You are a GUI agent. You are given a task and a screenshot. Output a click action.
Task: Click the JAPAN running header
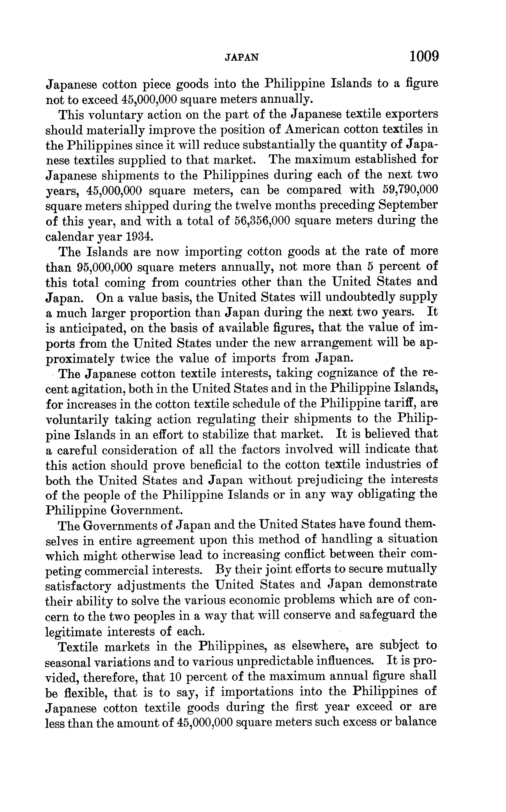(242, 58)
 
